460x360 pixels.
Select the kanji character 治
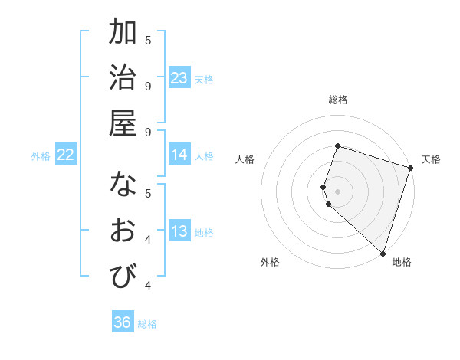[123, 78]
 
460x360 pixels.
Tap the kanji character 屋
[123, 123]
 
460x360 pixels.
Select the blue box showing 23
[179, 78]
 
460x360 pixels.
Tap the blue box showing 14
[179, 155]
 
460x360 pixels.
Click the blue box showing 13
[179, 231]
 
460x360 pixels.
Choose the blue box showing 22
[66, 155]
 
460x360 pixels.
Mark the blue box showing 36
[123, 322]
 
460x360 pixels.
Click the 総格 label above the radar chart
[337, 100]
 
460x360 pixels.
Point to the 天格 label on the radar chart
[431, 159]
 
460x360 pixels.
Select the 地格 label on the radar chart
[402, 262]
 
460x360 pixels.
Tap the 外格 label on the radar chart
[270, 262]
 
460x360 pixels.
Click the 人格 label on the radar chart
[245, 159]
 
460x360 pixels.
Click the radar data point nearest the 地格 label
[383, 253]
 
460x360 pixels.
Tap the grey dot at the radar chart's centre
[337, 191]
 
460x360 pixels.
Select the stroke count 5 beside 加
[148, 40]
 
